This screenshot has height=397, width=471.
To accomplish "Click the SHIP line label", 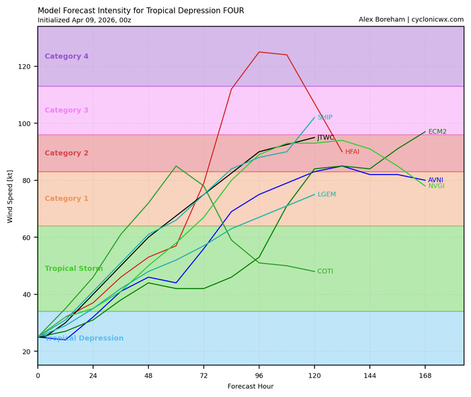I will pyautogui.click(x=325, y=117).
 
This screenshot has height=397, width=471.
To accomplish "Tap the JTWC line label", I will pyautogui.click(x=325, y=138).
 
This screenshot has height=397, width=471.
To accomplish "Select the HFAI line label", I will pyautogui.click(x=352, y=152).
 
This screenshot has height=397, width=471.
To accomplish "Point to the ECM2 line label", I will pyautogui.click(x=437, y=131).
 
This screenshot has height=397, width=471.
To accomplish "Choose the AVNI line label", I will pyautogui.click(x=435, y=180).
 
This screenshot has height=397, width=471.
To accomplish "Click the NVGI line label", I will pyautogui.click(x=436, y=186).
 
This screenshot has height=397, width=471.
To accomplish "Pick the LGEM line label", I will pyautogui.click(x=327, y=195).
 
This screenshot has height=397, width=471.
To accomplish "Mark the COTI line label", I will pyautogui.click(x=325, y=272).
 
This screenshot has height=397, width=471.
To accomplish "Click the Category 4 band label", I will pyautogui.click(x=67, y=57).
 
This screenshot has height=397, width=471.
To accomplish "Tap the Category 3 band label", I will pyautogui.click(x=67, y=111).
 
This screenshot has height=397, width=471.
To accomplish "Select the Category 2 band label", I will pyautogui.click(x=67, y=153).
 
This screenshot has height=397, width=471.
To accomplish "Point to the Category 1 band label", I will pyautogui.click(x=67, y=199).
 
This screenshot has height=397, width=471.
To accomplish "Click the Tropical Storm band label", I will pyautogui.click(x=74, y=269).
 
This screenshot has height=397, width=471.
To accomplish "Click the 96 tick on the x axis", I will pyautogui.click(x=259, y=375).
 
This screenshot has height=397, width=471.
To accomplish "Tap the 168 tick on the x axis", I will pyautogui.click(x=425, y=375).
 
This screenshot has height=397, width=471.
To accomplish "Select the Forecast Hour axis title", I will pyautogui.click(x=251, y=387).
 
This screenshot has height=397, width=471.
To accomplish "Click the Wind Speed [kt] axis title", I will pyautogui.click(x=10, y=196).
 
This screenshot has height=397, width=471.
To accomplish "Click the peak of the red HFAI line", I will pyautogui.click(x=259, y=52).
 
